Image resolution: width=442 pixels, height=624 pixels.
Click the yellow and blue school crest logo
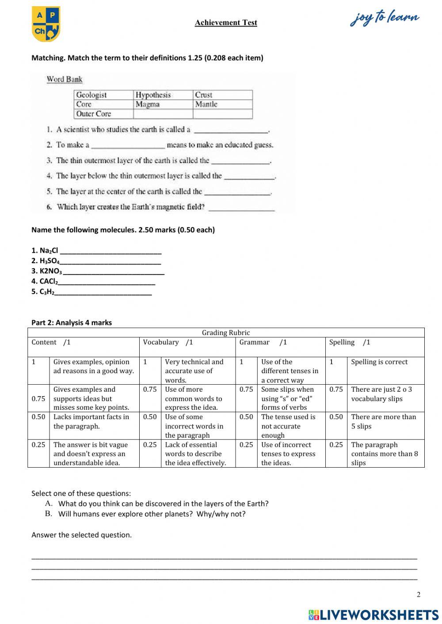pos(46,24)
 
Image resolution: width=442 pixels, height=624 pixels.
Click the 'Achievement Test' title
pos(226,23)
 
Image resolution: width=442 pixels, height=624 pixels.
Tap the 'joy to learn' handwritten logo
pos(385,19)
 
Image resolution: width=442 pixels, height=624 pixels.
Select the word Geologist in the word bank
pos(91,95)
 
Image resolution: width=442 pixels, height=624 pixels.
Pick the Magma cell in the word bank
pos(148,104)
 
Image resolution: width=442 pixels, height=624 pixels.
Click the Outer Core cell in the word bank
pos(93,113)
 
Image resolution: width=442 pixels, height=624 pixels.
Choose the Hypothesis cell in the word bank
pos(153,95)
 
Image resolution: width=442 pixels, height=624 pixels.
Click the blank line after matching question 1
pos(231,130)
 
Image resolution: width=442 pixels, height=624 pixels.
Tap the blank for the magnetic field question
pos(241,208)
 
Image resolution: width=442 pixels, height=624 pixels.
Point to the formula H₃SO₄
pos(49,261)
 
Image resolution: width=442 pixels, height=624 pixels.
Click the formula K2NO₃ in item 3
pos(50,271)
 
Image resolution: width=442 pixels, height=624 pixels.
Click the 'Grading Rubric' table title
pos(226,333)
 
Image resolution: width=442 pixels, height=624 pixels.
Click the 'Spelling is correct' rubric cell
pos(379,362)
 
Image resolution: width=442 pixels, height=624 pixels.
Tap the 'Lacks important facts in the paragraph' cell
pos(91,421)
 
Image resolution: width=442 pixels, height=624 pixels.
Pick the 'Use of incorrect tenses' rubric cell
pos(288,454)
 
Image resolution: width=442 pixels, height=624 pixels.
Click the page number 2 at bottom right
pos(419,594)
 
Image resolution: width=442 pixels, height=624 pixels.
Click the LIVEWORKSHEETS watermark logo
pos(373,614)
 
